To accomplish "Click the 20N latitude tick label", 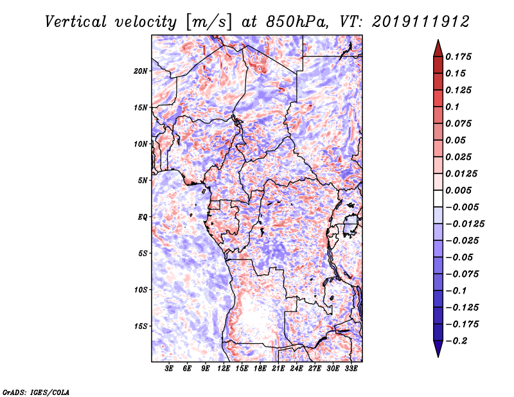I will coord(141,71).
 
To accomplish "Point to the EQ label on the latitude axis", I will coord(142,217).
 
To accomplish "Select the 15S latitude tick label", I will coord(141,326).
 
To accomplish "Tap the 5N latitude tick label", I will coord(143,181).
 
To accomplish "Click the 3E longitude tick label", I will coord(170,369).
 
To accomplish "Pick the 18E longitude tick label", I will coord(260,369).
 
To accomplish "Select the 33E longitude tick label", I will coord(351,369).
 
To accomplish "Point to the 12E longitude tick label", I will coord(224,369).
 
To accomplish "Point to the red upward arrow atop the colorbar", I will coord(437,47).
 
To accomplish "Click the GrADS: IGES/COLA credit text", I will coord(35,391).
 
